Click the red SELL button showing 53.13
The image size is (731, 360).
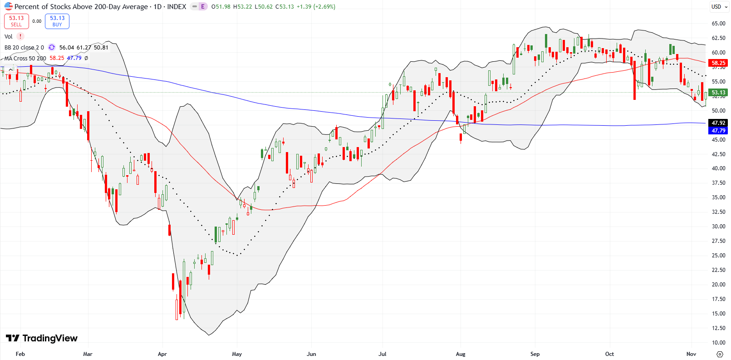(x=16, y=21)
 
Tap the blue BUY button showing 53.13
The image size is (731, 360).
(x=57, y=21)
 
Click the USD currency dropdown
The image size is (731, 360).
(x=719, y=6)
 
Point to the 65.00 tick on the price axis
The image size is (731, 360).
(x=718, y=23)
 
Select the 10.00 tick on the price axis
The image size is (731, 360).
(x=718, y=342)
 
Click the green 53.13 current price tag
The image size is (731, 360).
(x=718, y=92)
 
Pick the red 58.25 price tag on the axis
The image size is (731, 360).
(x=718, y=63)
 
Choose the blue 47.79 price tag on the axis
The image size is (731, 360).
(x=718, y=130)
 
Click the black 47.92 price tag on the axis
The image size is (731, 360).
(x=718, y=123)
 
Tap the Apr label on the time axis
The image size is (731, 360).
(x=162, y=354)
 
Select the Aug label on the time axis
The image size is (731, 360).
(x=461, y=354)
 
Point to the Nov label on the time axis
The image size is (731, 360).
(x=691, y=354)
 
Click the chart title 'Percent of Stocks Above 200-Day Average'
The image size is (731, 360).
(x=81, y=6)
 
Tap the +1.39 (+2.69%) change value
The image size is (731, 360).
(x=316, y=6)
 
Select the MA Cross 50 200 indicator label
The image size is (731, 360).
(x=25, y=58)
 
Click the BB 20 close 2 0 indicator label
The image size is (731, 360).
(x=24, y=47)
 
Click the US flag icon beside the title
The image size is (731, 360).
(x=8, y=6)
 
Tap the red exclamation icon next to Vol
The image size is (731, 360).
(x=20, y=36)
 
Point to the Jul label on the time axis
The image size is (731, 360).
(x=383, y=354)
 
